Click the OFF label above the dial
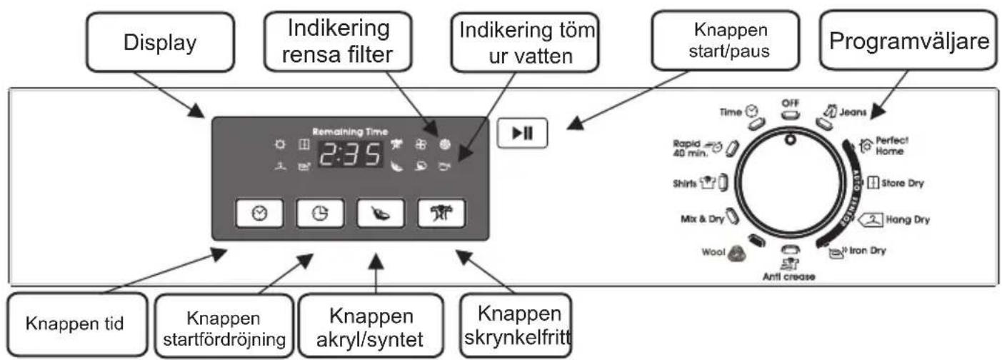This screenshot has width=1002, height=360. (x=789, y=103)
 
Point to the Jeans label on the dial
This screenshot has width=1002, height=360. (x=853, y=110)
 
